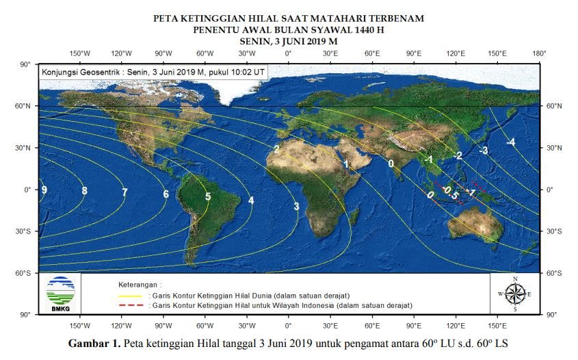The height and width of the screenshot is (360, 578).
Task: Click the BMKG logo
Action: (60, 293)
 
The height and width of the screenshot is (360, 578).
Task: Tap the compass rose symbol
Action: (515, 294)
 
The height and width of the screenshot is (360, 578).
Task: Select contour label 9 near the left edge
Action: (44, 190)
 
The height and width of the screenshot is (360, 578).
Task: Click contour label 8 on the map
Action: (84, 191)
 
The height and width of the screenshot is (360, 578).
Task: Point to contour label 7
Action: (124, 193)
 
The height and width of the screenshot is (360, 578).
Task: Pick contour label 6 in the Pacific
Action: (166, 194)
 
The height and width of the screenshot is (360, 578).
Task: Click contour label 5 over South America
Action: (208, 197)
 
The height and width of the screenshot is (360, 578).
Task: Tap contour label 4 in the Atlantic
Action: (251, 201)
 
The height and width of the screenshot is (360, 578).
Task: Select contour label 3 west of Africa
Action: (296, 207)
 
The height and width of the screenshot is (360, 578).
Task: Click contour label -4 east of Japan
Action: (510, 142)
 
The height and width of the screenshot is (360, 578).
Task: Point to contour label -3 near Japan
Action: (484, 151)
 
